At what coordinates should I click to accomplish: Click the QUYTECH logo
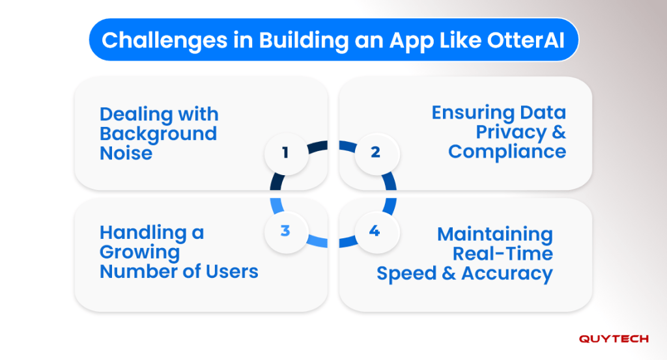[x=614, y=339]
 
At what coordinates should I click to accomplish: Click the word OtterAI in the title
[x=526, y=40]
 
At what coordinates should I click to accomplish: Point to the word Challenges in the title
[x=165, y=41]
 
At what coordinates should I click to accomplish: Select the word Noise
[x=126, y=154]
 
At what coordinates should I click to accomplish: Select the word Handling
[x=143, y=233]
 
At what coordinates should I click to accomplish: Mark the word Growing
[x=140, y=253]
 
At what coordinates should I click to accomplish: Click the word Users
[x=232, y=271]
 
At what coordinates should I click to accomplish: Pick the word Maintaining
[x=495, y=234]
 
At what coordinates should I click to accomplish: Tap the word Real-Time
[x=503, y=254]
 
